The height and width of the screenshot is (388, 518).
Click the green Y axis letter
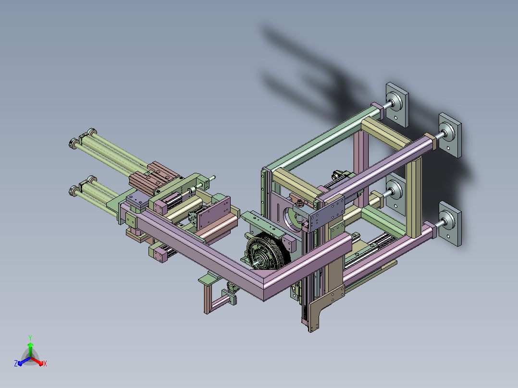click(30, 338)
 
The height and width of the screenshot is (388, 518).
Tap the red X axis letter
click(45, 364)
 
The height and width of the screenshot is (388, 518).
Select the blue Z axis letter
click(16, 364)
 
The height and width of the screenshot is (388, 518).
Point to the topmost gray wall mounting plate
click(397, 104)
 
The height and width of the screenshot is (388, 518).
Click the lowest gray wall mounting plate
click(450, 224)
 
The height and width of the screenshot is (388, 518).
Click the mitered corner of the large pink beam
click(264, 283)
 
